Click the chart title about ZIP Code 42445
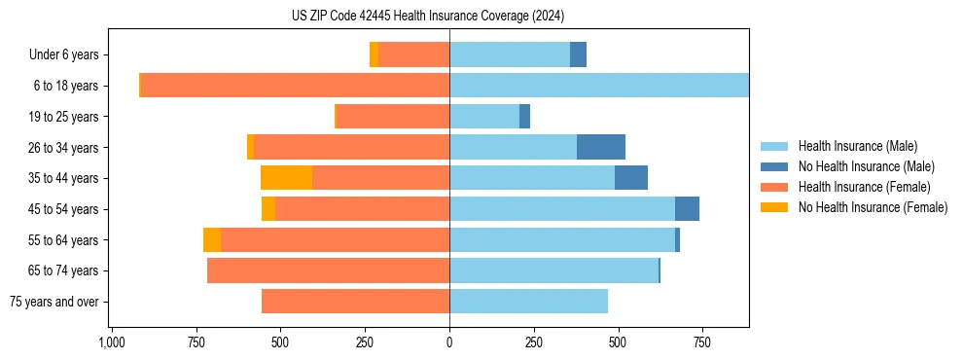427,17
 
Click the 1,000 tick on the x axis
111,342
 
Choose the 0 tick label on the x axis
449,342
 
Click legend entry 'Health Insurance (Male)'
857,146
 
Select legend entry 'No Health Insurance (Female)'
873,207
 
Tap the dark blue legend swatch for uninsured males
775,166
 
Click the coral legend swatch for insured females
775,187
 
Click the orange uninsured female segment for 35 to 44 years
286,178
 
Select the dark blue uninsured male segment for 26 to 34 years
601,147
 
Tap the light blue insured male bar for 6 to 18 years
598,86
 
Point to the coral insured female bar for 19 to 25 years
392,117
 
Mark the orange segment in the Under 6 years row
374,54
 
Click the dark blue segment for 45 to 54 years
687,209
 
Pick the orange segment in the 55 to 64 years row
212,239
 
